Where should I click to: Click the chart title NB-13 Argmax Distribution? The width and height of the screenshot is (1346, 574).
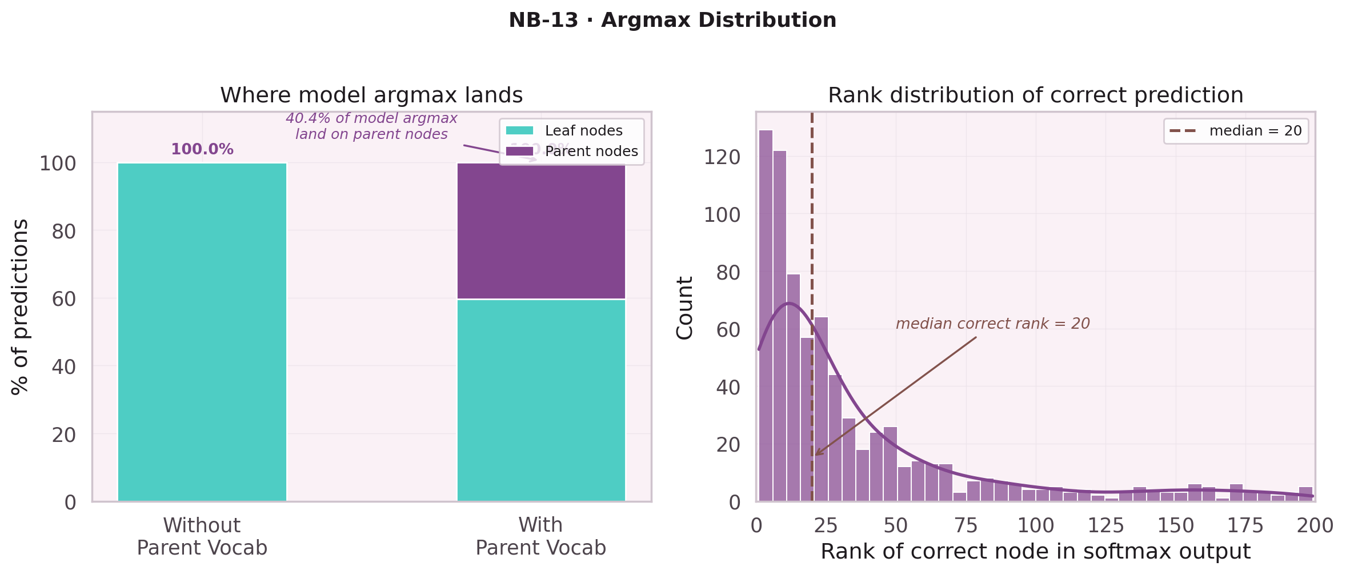click(672, 21)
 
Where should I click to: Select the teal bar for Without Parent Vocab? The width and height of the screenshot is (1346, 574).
click(202, 332)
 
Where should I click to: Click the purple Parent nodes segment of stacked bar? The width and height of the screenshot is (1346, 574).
click(541, 231)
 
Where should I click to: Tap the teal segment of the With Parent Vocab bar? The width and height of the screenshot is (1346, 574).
click(541, 400)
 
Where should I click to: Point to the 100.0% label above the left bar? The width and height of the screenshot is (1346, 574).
click(202, 150)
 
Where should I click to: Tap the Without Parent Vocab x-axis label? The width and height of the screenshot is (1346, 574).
click(202, 536)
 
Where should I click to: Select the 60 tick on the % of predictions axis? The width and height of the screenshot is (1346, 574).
click(63, 299)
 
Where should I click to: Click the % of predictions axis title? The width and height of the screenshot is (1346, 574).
click(21, 306)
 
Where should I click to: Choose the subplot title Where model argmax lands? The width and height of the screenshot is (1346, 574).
click(371, 95)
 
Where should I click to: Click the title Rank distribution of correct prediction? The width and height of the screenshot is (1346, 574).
click(1035, 95)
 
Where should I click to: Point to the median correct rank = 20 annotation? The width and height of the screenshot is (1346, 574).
click(992, 324)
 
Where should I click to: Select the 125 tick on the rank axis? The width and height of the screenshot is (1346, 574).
click(1105, 525)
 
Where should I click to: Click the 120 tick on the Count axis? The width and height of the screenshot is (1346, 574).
click(722, 157)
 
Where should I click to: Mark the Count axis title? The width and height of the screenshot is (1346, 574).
click(684, 308)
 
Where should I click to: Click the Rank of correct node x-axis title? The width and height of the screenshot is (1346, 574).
click(1035, 552)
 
